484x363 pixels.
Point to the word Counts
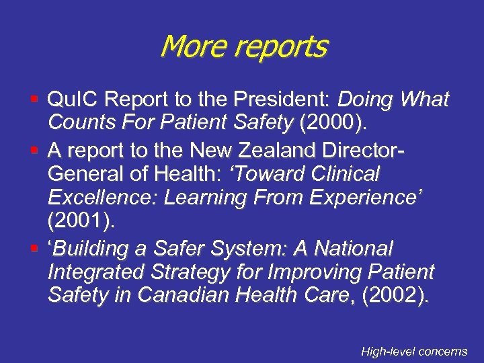80,122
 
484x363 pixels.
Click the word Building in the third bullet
93,249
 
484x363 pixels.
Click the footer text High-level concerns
413,351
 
